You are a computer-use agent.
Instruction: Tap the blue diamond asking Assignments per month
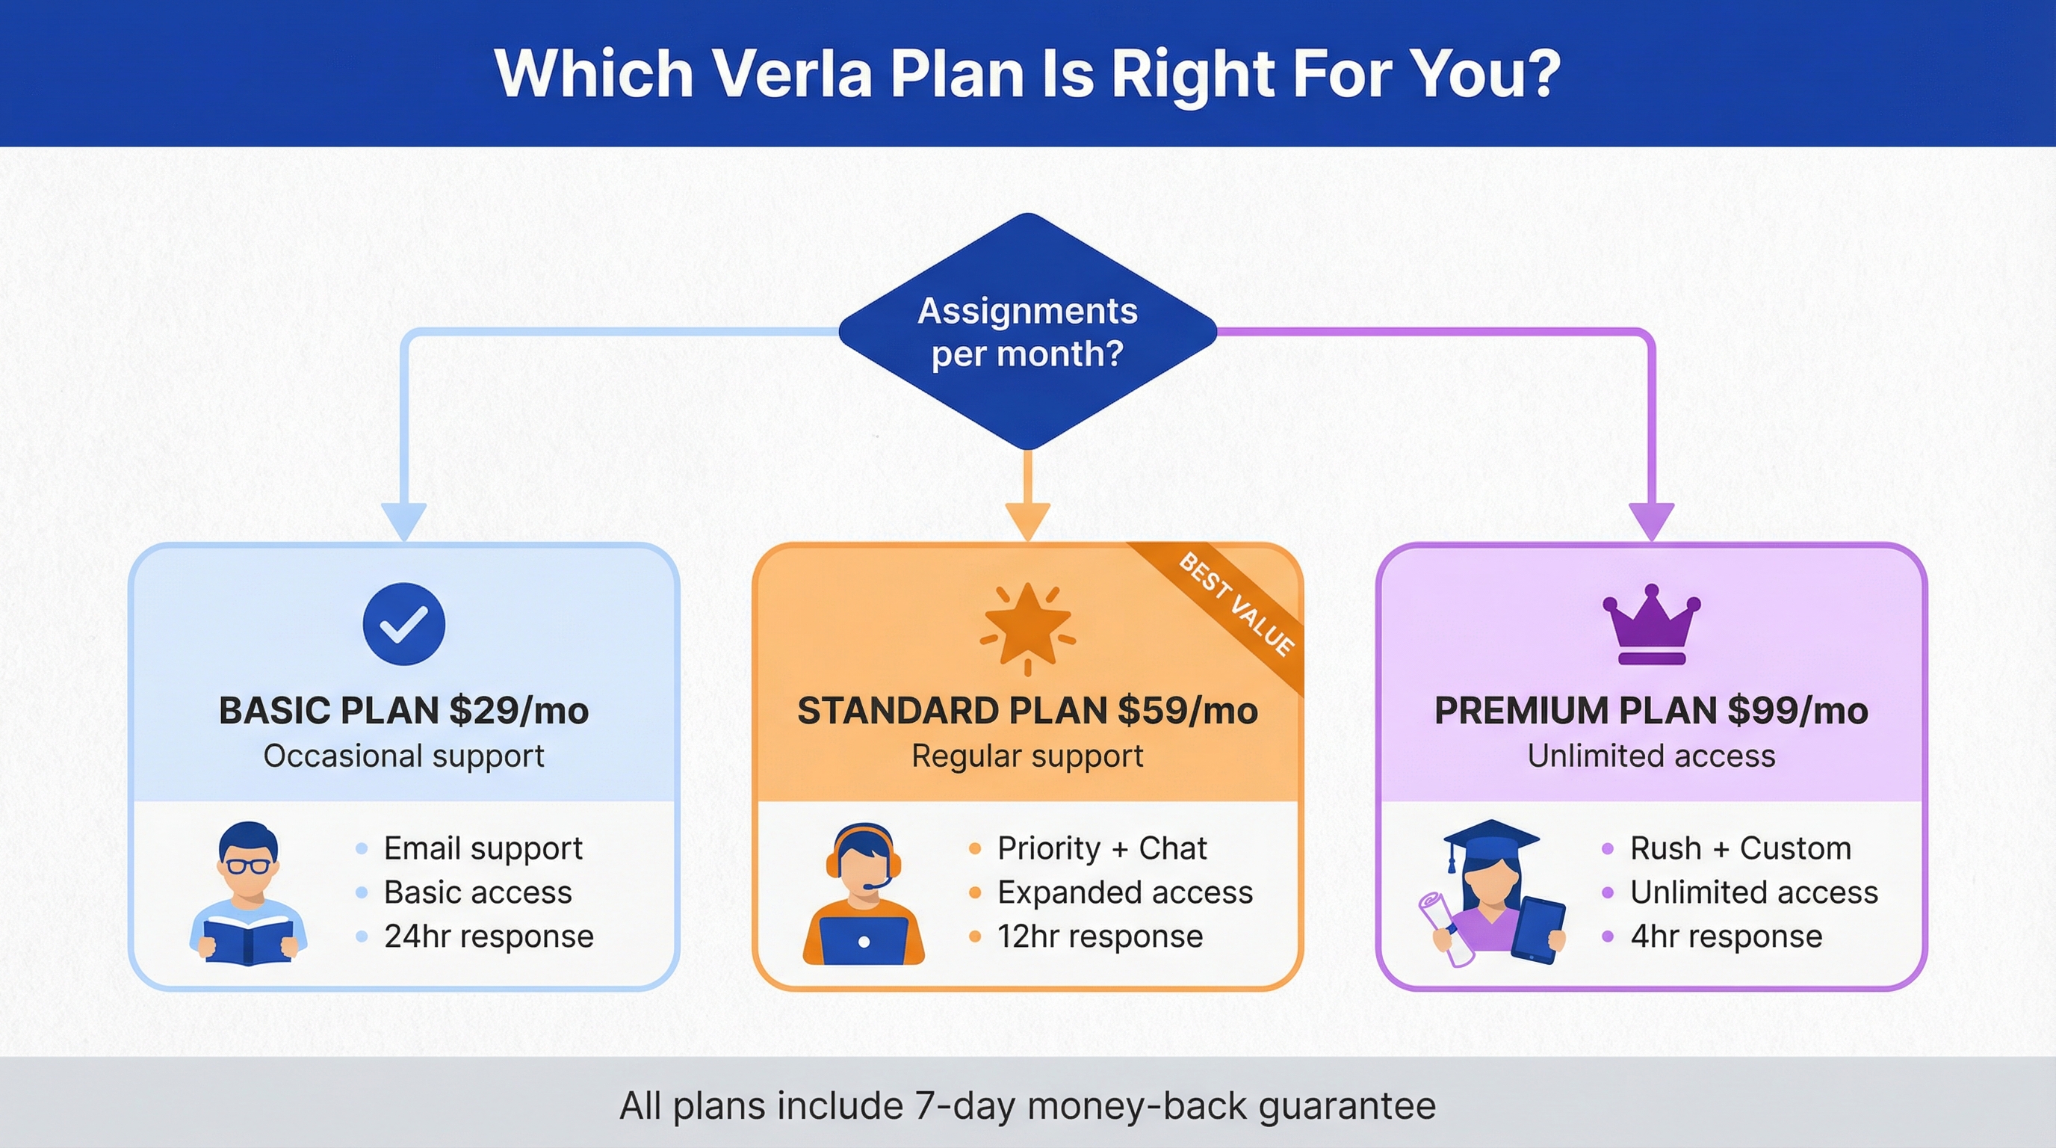1027,331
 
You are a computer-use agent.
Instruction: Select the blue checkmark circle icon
404,623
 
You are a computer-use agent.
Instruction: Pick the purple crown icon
1650,624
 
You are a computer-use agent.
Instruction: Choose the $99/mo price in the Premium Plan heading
1798,711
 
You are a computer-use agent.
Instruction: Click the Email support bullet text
483,848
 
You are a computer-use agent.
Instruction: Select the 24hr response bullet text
489,936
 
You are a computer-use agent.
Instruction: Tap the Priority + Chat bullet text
1101,848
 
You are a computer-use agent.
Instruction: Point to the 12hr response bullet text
1100,936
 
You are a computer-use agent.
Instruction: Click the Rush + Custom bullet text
1740,848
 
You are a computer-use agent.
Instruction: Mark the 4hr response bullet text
1726,936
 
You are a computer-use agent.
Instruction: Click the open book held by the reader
247,940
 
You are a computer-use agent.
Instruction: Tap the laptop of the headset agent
864,940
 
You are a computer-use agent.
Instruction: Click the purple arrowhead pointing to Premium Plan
1650,520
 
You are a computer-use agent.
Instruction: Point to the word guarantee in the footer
1347,1105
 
